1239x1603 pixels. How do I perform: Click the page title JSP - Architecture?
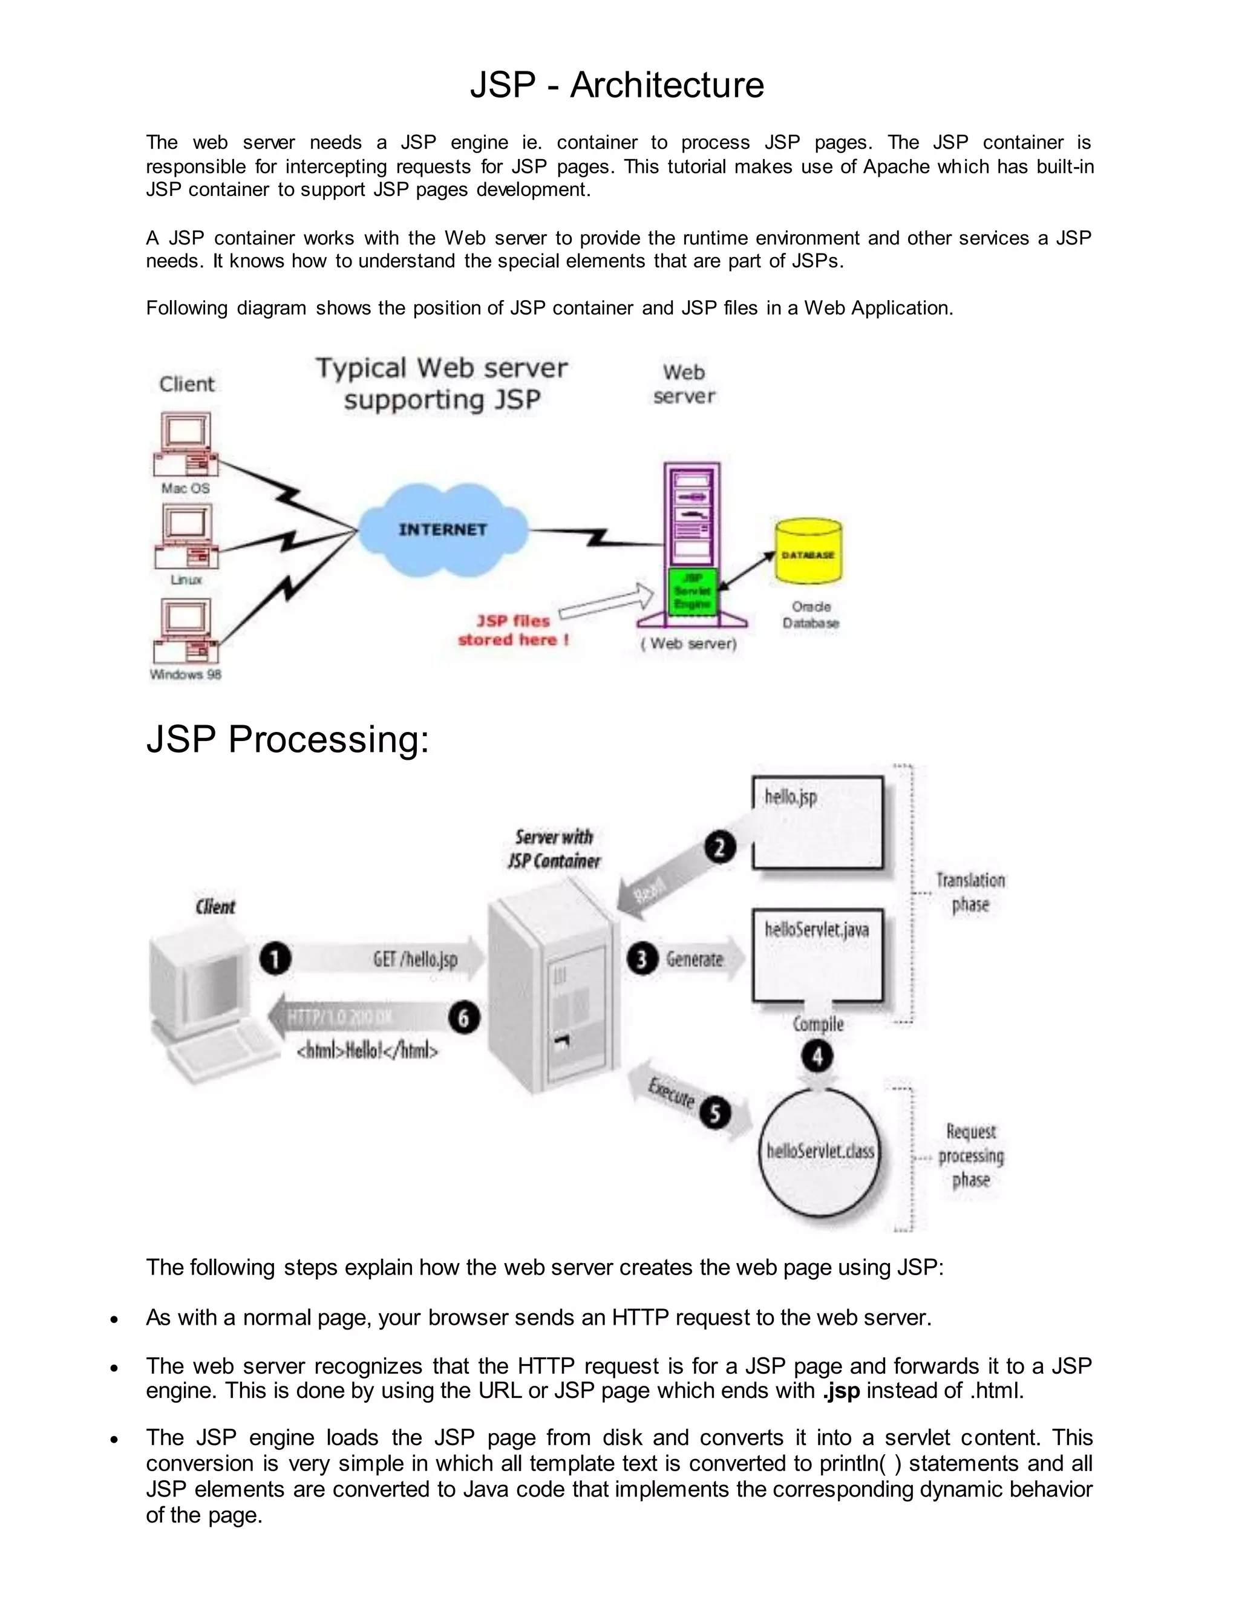point(616,85)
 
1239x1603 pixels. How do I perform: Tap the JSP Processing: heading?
point(287,739)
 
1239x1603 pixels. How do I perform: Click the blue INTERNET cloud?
point(443,529)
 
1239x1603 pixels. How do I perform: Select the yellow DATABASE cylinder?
point(808,552)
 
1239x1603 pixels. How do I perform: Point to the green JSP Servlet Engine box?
point(692,591)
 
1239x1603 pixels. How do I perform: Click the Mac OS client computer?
point(186,444)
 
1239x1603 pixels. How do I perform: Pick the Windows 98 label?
point(186,674)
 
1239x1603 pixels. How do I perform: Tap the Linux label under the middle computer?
point(186,580)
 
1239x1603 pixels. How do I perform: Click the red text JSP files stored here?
point(513,630)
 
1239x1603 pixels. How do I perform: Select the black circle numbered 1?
point(275,959)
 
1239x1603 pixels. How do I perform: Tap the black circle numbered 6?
point(464,1018)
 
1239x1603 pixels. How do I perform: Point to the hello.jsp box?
point(818,822)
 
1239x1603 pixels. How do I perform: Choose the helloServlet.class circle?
point(820,1151)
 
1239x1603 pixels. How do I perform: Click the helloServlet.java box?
point(818,954)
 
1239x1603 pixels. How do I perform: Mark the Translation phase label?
point(970,892)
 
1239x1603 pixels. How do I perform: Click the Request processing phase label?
point(970,1155)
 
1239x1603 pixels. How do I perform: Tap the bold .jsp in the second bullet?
point(840,1390)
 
